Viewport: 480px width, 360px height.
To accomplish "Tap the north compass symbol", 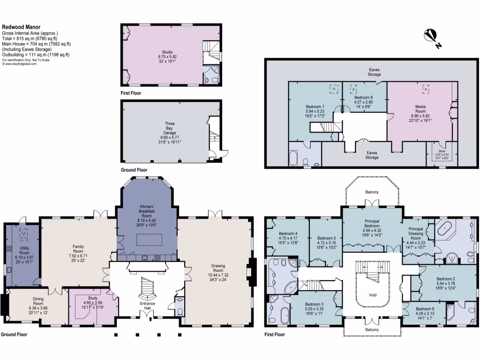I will point(431,37).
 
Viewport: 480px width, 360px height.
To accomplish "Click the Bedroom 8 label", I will point(363,97).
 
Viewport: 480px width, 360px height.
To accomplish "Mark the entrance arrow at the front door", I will point(150,320).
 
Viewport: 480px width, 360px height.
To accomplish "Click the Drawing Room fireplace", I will point(253,271).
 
